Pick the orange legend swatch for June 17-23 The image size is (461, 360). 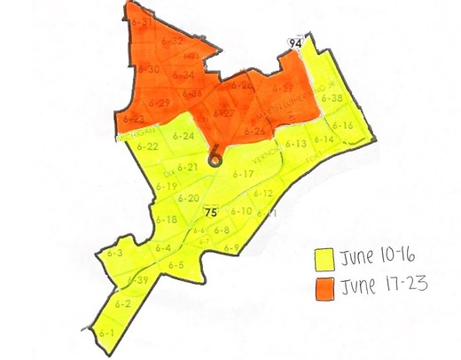(x=324, y=287)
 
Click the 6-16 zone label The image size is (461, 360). (x=342, y=126)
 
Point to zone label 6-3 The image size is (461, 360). (x=114, y=254)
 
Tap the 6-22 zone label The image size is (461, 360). (x=148, y=146)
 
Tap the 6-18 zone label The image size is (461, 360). (x=166, y=219)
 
